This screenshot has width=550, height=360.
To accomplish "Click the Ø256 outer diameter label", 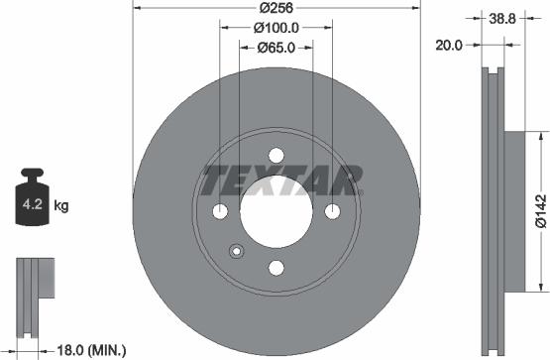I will tap(275, 10).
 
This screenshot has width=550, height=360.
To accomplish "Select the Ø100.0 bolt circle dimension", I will tap(275, 29).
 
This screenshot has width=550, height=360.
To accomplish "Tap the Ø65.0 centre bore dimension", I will tap(275, 47).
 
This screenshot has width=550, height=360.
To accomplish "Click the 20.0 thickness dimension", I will tap(450, 44).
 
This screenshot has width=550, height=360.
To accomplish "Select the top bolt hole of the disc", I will tap(276, 154).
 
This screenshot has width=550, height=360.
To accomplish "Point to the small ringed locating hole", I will tap(237, 251).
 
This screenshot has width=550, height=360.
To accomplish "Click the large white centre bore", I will tap(276, 210).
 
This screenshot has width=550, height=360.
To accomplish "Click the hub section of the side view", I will tap(516, 210).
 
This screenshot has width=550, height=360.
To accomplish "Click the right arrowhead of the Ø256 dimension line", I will tap(417, 10).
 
